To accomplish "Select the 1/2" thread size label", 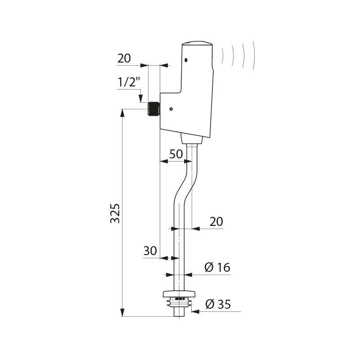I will click(x=129, y=83).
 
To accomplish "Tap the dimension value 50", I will click(x=176, y=154).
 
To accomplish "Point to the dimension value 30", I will click(x=150, y=251).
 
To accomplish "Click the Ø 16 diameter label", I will click(x=217, y=268).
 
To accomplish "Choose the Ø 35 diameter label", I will click(x=218, y=305).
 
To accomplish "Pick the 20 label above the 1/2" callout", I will click(x=124, y=58).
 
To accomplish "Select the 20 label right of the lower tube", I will click(x=216, y=221).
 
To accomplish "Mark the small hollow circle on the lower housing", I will click(x=171, y=109).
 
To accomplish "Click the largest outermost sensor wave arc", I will click(x=254, y=56).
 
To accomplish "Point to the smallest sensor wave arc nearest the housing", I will click(x=222, y=56).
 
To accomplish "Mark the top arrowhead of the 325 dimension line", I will click(x=122, y=112).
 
